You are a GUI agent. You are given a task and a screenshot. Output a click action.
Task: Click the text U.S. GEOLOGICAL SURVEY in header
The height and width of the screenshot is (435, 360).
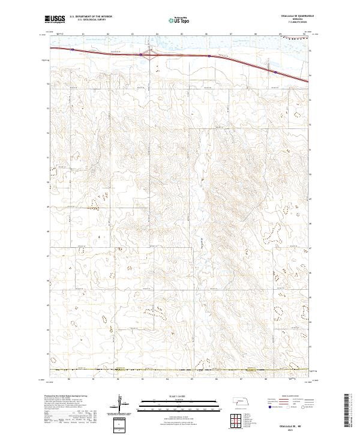[x=88, y=20]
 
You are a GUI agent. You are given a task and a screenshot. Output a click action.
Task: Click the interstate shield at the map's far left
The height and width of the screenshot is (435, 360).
[x=71, y=50]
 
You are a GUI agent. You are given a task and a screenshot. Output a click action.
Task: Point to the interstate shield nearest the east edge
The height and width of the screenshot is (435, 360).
[x=275, y=72]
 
